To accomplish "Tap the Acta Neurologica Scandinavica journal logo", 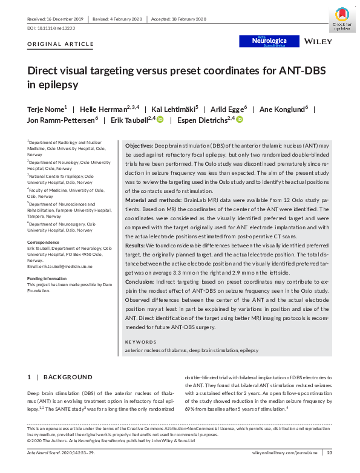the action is pos(270,41).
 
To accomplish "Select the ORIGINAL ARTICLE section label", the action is pos(61,44).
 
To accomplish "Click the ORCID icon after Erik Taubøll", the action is pos(160,120).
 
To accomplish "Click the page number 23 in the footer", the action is pos(330,452).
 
